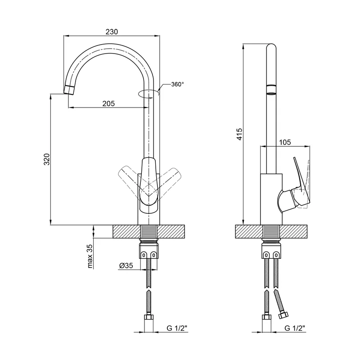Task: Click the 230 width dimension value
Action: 112,31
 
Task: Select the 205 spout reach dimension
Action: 108,103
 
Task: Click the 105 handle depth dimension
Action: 284,142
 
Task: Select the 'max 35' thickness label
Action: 90,256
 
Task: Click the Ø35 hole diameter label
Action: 126,266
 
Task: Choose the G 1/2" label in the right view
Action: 295,327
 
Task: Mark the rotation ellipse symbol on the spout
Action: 148,94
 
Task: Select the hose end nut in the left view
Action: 148,320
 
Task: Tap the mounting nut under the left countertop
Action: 148,249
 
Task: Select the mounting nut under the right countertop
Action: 271,249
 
